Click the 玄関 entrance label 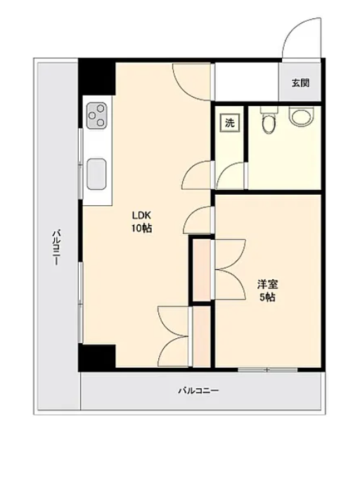pyautogui.click(x=300, y=83)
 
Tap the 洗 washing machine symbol pyautogui.click(x=229, y=122)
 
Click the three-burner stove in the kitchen pyautogui.click(x=96, y=115)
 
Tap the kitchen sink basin pyautogui.click(x=96, y=174)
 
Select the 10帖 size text pyautogui.click(x=141, y=228)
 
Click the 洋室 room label pyautogui.click(x=267, y=284)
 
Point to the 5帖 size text pyautogui.click(x=267, y=297)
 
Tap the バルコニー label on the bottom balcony pyautogui.click(x=198, y=390)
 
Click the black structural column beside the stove pyautogui.click(x=97, y=77)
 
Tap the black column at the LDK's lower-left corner pyautogui.click(x=97, y=356)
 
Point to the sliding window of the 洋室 pyautogui.click(x=268, y=370)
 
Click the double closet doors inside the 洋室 pyautogui.click(x=230, y=270)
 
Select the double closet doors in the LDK pyautogui.click(x=174, y=336)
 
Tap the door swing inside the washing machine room pyautogui.click(x=229, y=175)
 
